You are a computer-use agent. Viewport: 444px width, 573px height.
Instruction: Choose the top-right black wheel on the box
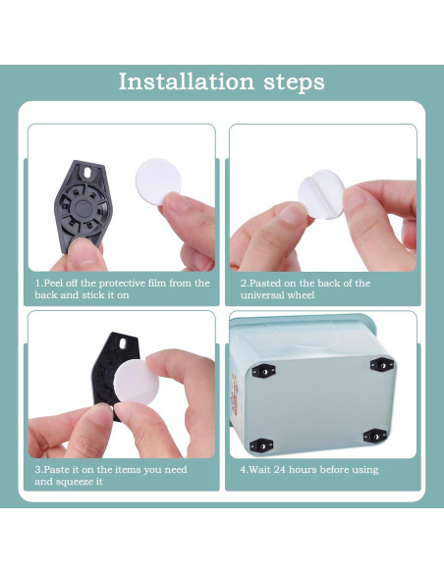[377, 364]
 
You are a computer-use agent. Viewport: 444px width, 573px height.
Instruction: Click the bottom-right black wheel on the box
[374, 435]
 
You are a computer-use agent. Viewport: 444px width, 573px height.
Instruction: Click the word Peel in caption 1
[58, 283]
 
